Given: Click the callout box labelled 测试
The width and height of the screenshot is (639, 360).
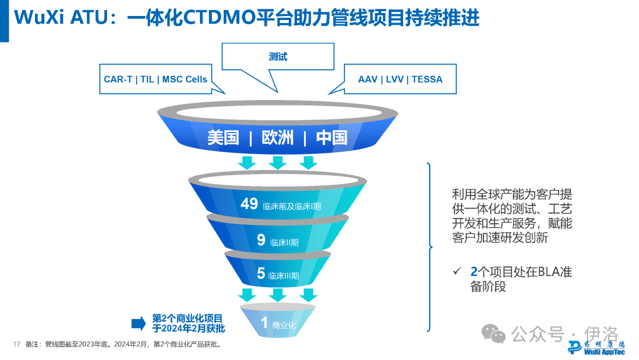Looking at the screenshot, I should click(x=277, y=57).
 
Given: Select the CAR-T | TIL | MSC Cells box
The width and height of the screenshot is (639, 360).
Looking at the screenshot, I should click(x=156, y=79).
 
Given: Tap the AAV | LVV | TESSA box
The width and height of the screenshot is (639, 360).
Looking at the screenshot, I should click(x=400, y=79).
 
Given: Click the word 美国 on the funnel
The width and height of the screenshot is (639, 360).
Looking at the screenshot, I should click(x=223, y=138).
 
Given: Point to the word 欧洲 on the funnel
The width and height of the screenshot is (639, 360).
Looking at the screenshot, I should click(x=277, y=138).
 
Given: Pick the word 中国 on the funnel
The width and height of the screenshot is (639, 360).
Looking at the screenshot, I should click(x=331, y=138).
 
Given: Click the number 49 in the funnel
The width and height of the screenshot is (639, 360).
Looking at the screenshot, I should click(x=249, y=204).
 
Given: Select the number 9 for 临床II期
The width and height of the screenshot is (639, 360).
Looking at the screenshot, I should click(x=261, y=240).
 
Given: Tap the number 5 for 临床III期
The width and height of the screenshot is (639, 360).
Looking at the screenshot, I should click(x=261, y=274).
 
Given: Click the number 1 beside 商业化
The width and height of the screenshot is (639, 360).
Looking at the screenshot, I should click(x=264, y=323).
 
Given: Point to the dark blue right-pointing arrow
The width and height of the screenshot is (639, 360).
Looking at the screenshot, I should click(x=138, y=323).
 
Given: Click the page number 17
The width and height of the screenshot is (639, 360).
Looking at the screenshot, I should click(x=17, y=344).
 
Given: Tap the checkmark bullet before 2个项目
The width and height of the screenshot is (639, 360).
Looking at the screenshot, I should click(x=456, y=272).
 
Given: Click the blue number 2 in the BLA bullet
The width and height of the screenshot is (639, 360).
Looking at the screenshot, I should click(x=473, y=272).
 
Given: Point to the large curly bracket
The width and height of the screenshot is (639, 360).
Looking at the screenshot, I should click(x=430, y=246).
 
